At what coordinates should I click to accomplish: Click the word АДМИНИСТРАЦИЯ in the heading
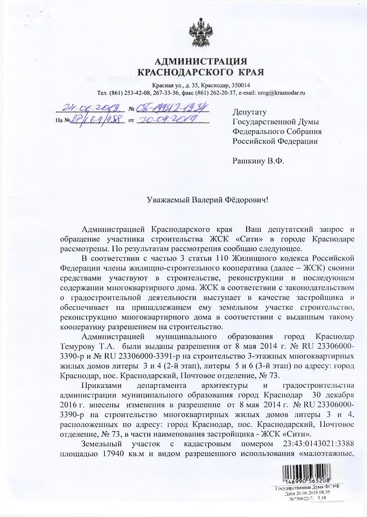click(x=200, y=61)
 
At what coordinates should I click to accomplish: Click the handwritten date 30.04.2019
click(x=168, y=120)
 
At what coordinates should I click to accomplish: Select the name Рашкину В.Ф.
click(x=258, y=161)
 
